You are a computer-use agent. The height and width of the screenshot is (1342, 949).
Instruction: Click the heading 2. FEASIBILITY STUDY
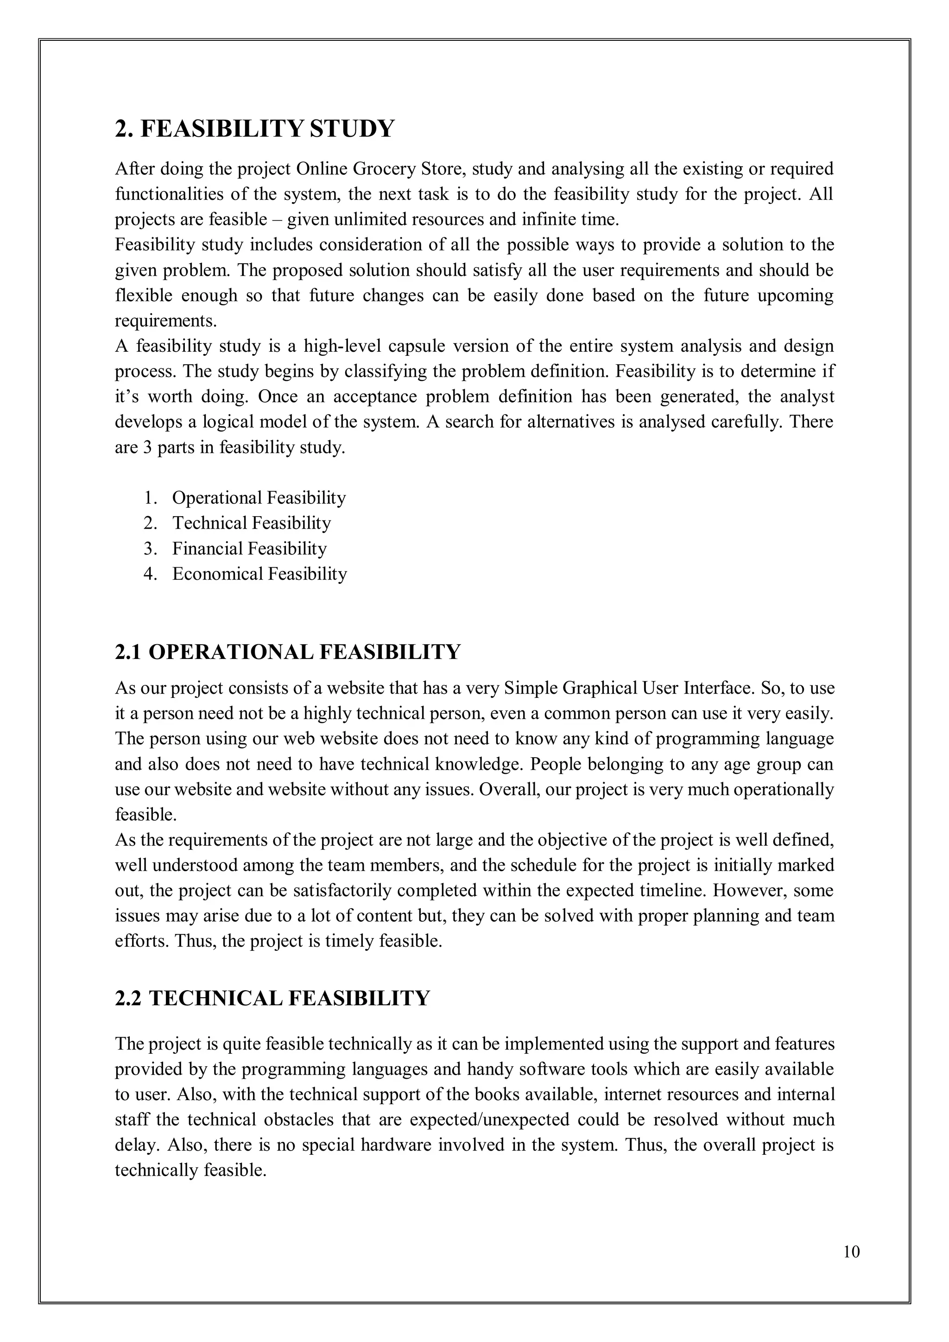coord(255,128)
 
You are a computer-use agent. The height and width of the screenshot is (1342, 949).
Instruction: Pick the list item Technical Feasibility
coord(251,523)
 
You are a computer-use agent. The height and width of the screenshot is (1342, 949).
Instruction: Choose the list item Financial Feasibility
coord(249,549)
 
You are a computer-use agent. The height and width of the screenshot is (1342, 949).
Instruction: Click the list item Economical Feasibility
coord(259,574)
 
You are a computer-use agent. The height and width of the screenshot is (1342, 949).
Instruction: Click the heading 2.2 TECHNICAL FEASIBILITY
coord(272,998)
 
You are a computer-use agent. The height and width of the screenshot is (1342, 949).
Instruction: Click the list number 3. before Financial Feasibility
coord(151,549)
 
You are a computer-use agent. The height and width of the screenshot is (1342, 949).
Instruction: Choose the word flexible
coord(144,296)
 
